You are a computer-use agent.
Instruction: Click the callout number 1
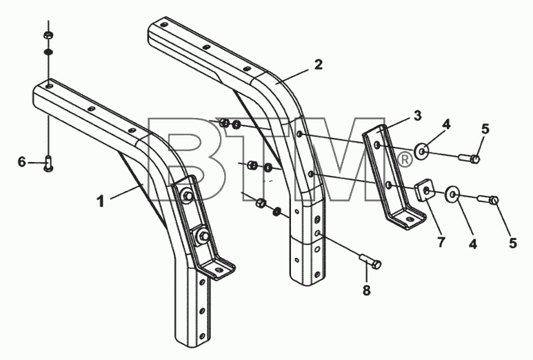[101, 201]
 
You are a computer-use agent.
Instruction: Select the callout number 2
[318, 64]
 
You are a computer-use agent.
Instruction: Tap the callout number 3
[417, 115]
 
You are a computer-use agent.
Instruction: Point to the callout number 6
[22, 162]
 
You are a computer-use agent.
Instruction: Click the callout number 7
[441, 242]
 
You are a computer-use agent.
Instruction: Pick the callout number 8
[366, 290]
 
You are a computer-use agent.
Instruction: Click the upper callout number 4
[447, 124]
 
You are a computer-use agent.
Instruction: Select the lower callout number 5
[513, 243]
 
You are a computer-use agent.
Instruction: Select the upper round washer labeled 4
[422, 151]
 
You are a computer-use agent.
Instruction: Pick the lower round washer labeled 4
[452, 194]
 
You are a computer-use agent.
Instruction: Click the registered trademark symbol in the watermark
[404, 160]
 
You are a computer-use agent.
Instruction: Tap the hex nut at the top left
[48, 35]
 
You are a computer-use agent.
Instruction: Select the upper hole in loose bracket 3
[376, 146]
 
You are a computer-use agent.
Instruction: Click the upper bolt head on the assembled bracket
[187, 196]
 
